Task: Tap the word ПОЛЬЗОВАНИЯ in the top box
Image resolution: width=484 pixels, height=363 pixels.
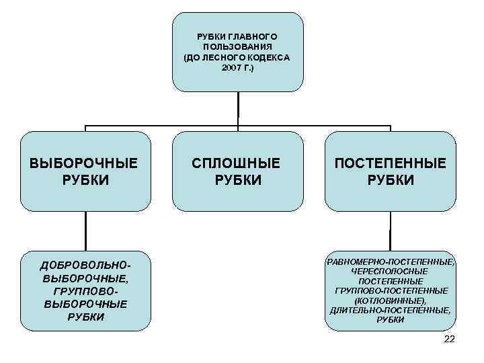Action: [x=237, y=47]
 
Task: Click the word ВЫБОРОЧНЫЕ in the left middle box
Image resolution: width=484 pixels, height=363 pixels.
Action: [x=84, y=163]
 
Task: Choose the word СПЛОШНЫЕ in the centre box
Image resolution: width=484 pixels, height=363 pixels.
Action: [x=237, y=163]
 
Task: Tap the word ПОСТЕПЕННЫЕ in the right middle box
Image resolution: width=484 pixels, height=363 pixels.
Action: [x=391, y=163]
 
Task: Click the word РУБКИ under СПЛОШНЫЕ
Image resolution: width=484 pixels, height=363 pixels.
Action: [x=237, y=180]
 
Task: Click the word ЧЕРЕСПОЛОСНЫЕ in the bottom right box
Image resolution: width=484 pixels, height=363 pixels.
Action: [x=391, y=270]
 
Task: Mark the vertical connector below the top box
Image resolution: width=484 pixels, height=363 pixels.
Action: [x=238, y=108]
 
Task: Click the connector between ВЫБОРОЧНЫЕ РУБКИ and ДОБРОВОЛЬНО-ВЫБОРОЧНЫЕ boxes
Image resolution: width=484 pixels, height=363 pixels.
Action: [x=85, y=232]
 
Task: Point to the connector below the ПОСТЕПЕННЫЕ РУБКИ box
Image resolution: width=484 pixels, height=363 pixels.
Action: [x=391, y=232]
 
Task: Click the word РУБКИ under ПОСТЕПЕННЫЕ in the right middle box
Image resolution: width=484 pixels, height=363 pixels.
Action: [x=391, y=180]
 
